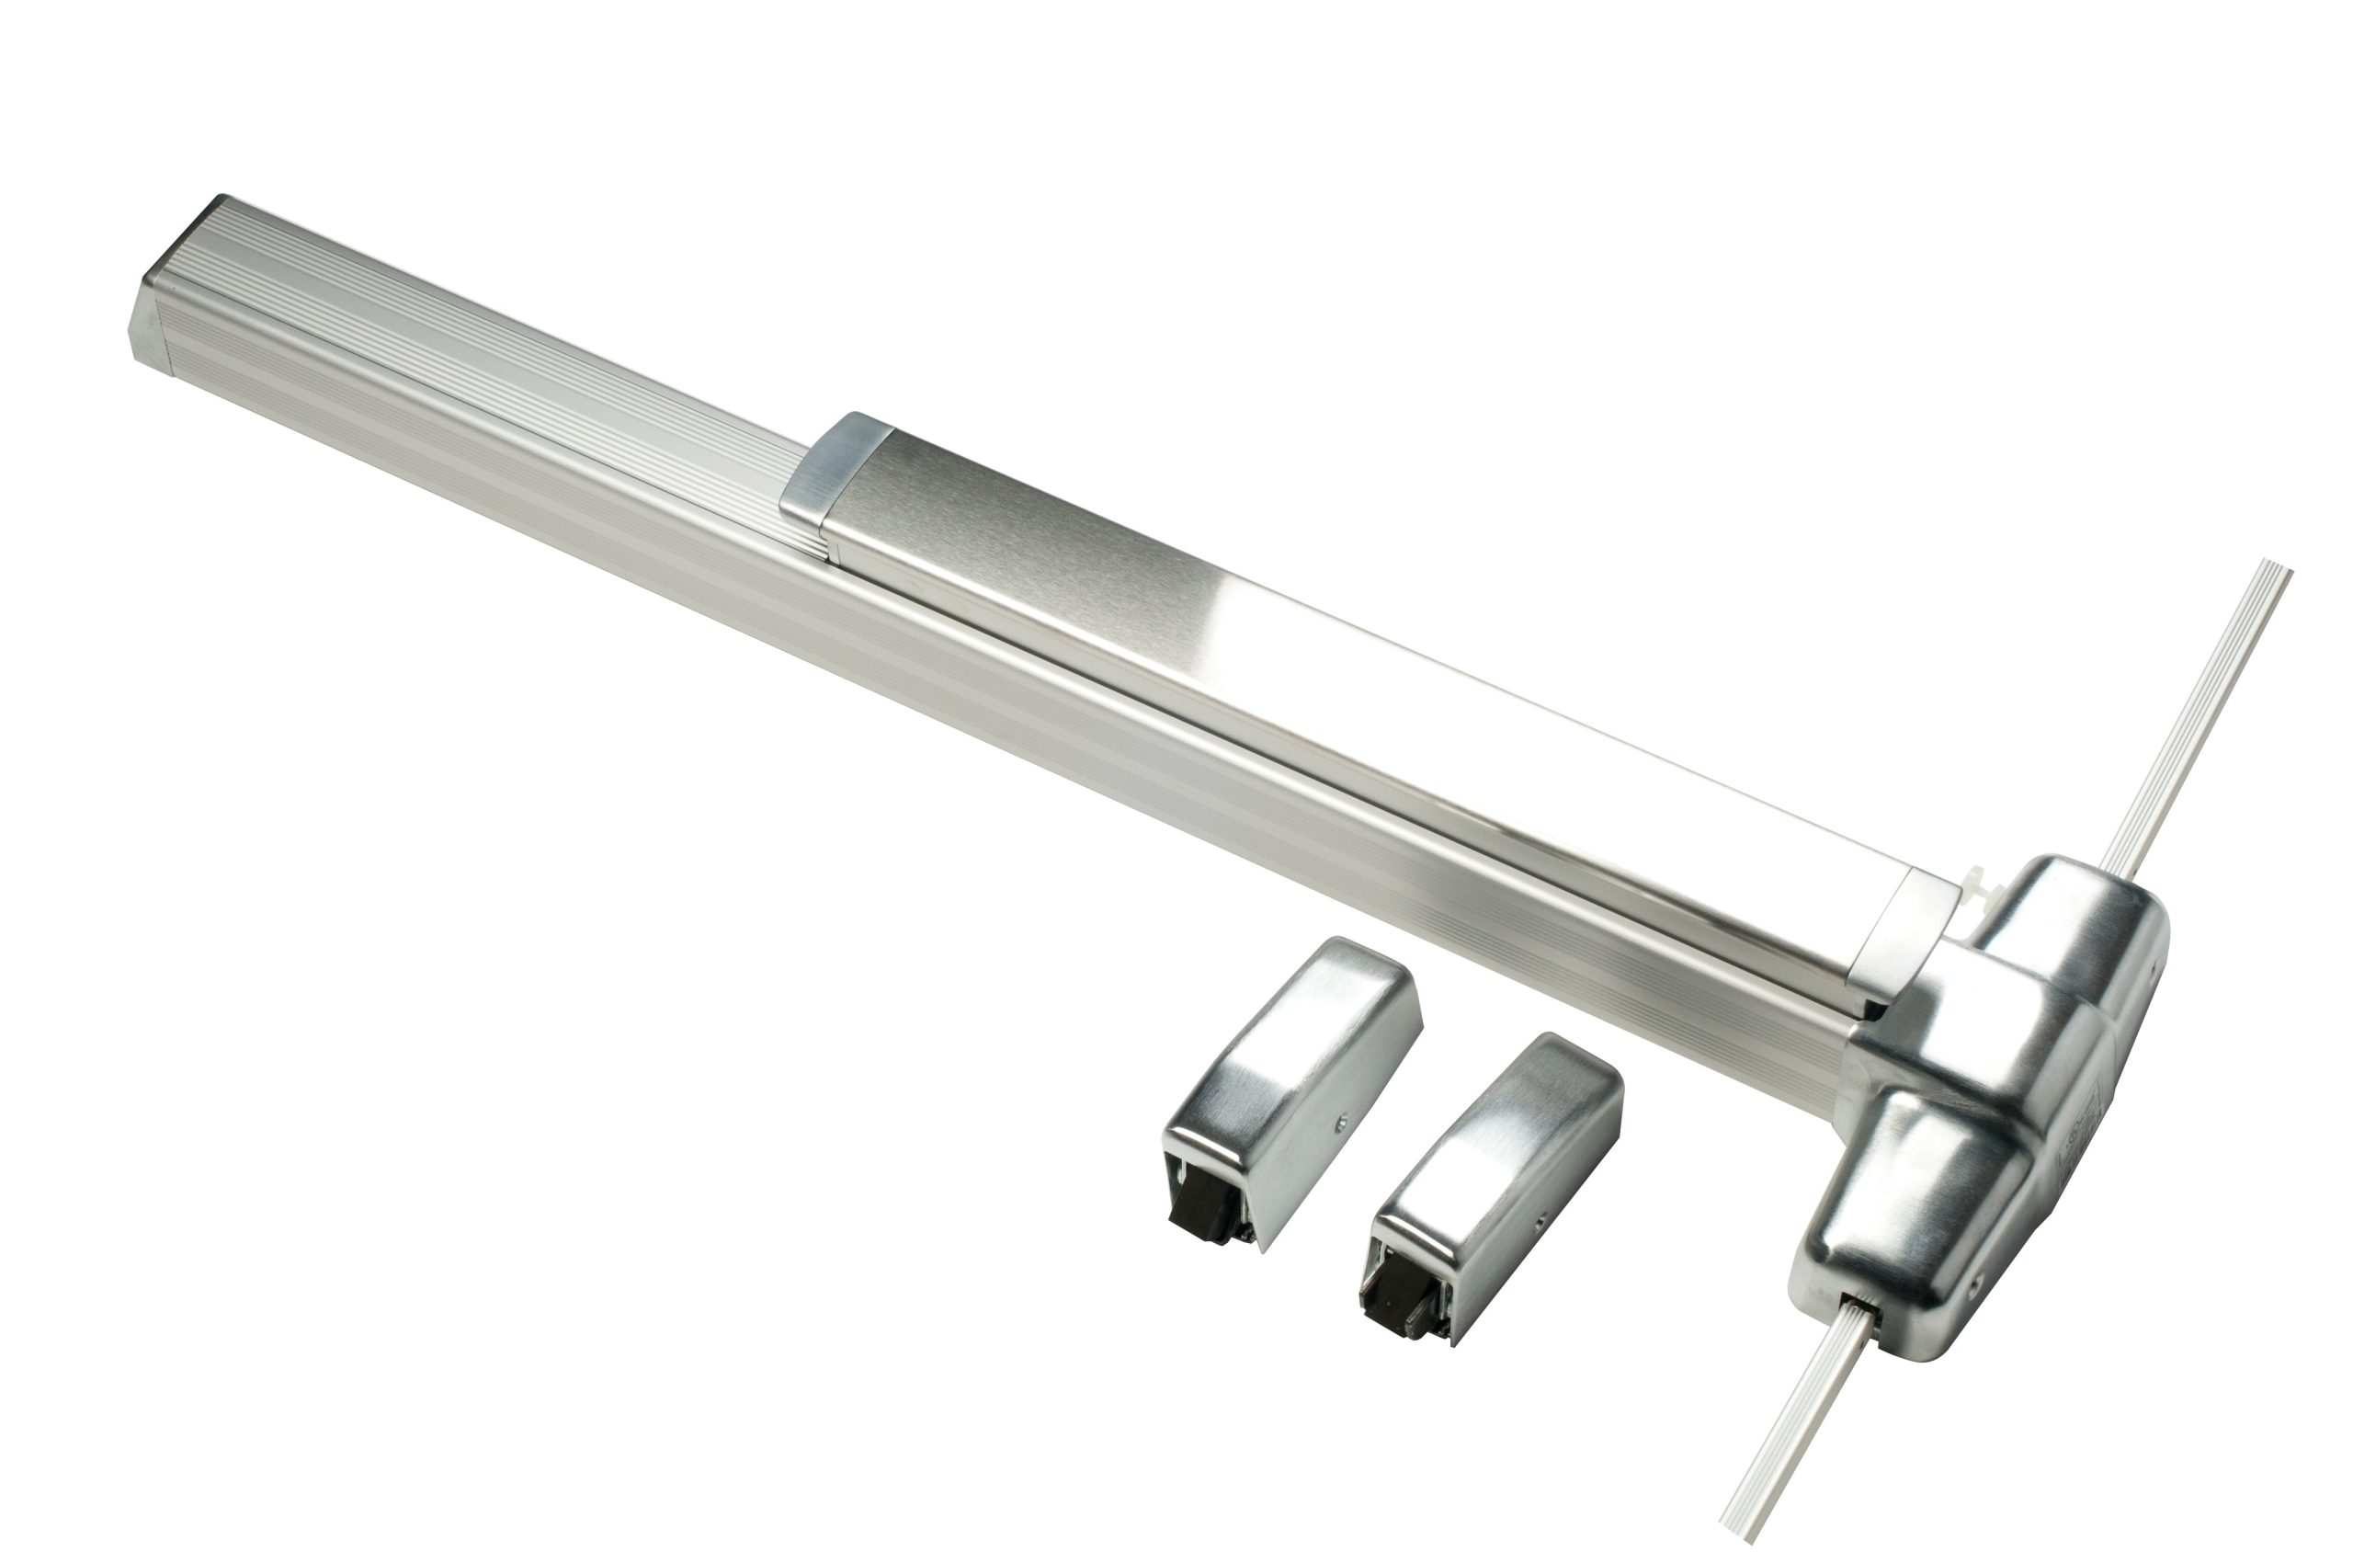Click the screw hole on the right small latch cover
coord(1539,1218)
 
